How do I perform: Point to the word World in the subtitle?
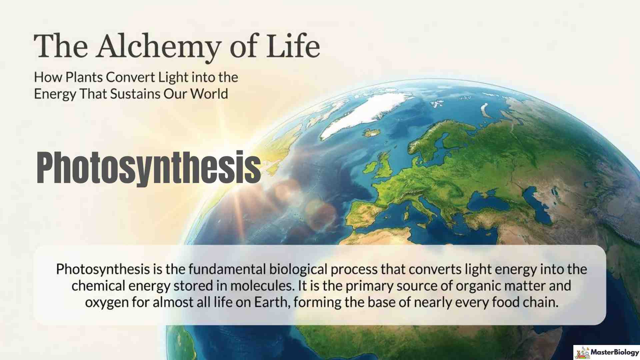click(209, 94)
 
